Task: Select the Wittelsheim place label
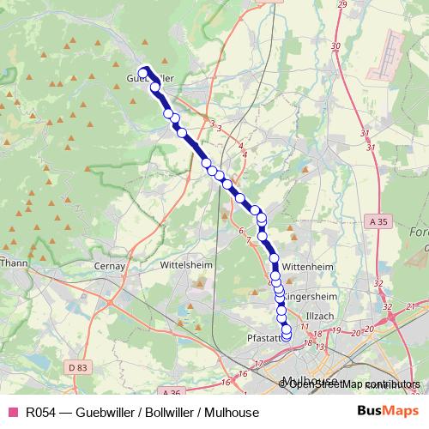(x=184, y=266)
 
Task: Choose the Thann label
(x=14, y=263)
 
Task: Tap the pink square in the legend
(x=13, y=412)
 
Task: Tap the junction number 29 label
(x=341, y=5)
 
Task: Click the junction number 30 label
(x=335, y=46)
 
